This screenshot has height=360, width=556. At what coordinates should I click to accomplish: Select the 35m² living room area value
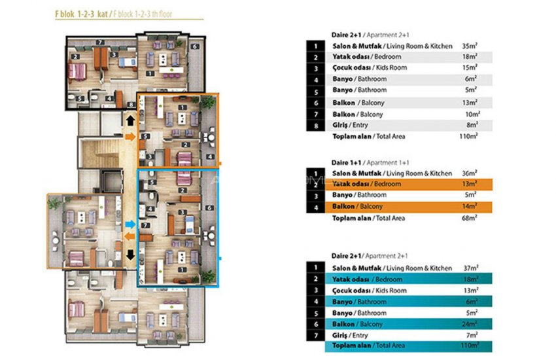point(468,46)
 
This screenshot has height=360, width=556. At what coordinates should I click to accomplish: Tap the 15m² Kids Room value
point(468,67)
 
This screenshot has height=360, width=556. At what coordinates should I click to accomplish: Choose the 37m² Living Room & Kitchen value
point(468,268)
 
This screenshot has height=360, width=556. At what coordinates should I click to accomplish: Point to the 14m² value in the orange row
point(468,206)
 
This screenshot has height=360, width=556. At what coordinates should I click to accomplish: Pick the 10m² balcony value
point(468,113)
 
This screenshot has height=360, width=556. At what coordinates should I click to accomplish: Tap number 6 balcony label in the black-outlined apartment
point(196,46)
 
